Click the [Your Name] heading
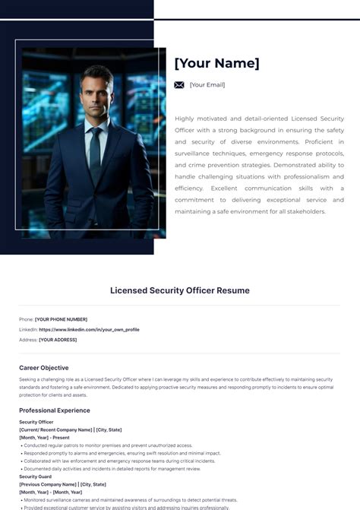click(x=216, y=63)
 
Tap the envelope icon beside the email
click(x=179, y=85)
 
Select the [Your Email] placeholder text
click(x=207, y=85)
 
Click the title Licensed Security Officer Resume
click(x=179, y=290)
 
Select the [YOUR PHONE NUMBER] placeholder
click(x=61, y=319)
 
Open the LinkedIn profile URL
click(x=89, y=330)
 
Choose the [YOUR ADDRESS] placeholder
click(x=58, y=340)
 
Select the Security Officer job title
click(x=36, y=422)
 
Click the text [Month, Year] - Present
click(x=44, y=438)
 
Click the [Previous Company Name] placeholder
click(x=48, y=484)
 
